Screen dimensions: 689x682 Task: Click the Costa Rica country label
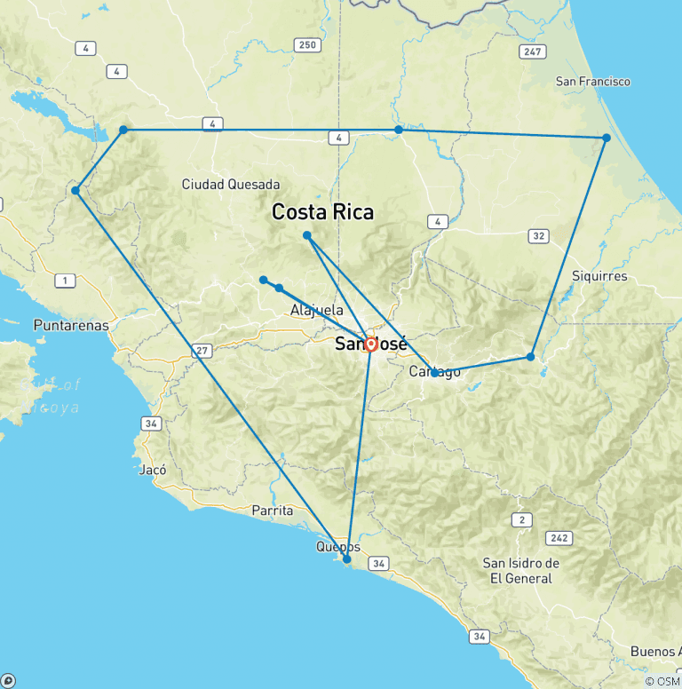coord(322,213)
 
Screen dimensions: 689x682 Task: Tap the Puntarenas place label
coord(71,325)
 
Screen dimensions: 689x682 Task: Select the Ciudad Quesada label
coord(231,185)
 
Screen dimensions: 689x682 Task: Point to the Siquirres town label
coord(600,276)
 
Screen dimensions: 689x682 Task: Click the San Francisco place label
coord(593,82)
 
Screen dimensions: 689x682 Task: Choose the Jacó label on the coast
coord(153,471)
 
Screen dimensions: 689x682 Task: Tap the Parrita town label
coord(273,511)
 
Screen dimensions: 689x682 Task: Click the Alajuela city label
coord(317,311)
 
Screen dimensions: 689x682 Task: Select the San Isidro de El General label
coord(521,571)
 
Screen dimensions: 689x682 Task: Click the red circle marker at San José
coord(371,344)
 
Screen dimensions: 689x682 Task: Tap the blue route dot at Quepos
coord(347,559)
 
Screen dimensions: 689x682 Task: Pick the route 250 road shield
coord(308,45)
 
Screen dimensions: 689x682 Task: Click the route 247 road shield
coord(533,52)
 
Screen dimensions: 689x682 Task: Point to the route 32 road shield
coord(538,236)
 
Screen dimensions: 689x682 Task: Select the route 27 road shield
coord(203,352)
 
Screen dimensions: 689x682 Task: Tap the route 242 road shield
coord(559,539)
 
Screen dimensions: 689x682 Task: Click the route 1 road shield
coord(65,281)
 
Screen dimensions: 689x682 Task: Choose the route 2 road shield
coord(522,519)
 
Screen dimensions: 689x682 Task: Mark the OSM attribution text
coord(662,681)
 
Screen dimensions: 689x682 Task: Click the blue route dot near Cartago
coord(434,373)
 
